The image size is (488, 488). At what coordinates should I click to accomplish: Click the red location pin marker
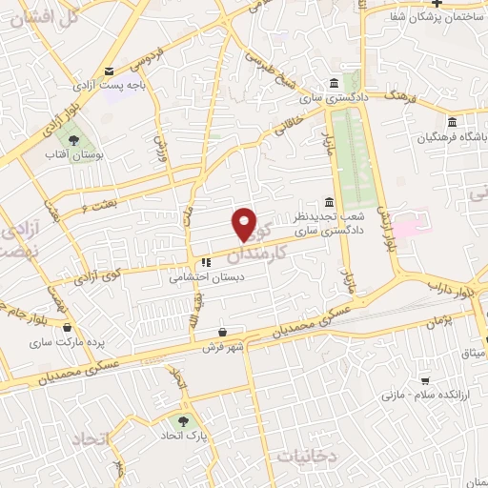pos(245,223)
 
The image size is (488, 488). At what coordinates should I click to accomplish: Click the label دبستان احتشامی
pos(195,278)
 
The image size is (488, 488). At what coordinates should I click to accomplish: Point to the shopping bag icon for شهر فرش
pos(222,332)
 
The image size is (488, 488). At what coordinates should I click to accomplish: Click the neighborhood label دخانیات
pos(307,457)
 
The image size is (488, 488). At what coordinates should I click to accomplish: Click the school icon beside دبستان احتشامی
pos(205,262)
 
